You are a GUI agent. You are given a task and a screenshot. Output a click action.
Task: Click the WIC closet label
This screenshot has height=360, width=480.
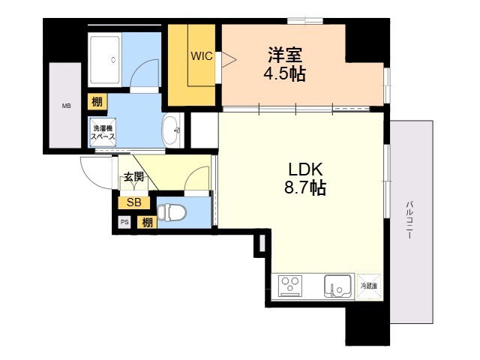point(202,56)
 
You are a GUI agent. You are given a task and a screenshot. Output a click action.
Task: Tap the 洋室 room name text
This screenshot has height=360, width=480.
point(285,55)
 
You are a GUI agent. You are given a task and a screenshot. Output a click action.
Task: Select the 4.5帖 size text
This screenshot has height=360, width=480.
point(285,73)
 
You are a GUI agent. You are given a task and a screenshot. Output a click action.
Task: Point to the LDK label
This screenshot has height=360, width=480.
point(305,169)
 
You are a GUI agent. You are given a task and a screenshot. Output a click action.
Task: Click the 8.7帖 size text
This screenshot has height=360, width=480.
point(305,187)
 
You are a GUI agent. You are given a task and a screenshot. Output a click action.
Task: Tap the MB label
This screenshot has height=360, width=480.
point(67,106)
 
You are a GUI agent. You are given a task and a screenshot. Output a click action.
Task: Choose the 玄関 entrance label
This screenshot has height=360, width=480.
point(133,177)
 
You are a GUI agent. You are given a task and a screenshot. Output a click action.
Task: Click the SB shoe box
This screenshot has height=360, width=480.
point(134,202)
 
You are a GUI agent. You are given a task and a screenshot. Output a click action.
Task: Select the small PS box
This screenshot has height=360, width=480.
point(124,223)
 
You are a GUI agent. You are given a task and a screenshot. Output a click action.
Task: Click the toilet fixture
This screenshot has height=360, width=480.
point(172,212)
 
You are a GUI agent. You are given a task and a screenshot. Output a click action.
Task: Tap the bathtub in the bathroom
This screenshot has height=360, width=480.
point(105,60)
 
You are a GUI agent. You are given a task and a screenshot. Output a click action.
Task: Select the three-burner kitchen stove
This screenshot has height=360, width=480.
point(290,286)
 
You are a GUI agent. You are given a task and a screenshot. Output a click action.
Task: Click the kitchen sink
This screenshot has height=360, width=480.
point(337,286)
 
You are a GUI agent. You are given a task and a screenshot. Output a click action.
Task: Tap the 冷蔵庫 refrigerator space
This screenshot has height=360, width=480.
point(369,286)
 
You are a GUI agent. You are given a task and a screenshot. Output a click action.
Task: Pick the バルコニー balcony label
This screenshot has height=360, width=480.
point(409,219)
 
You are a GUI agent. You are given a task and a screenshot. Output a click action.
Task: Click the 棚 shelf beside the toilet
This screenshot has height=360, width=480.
point(147,223)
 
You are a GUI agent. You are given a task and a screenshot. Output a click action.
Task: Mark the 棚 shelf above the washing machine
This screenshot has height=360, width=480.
point(97,102)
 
